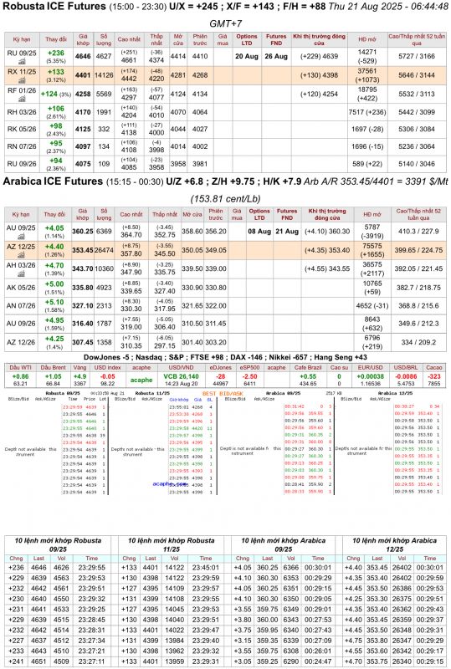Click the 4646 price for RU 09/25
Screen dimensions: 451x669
click(x=83, y=56)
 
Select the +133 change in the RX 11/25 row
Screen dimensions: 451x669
click(x=55, y=72)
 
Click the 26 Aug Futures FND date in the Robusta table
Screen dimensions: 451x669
click(x=275, y=56)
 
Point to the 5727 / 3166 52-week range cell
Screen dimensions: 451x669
click(x=417, y=56)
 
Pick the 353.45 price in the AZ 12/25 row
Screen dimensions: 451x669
click(x=83, y=249)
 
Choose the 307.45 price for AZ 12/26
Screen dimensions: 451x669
click(x=83, y=342)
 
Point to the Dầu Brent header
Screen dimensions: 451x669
click(x=53, y=367)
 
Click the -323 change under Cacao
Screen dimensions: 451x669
click(x=433, y=377)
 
